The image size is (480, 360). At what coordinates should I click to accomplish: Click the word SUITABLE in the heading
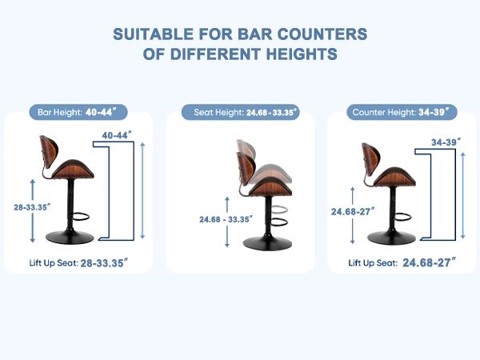(154, 34)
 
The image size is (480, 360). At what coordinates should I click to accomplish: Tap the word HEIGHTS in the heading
(302, 54)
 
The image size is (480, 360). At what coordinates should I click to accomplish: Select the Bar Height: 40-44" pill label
(78, 112)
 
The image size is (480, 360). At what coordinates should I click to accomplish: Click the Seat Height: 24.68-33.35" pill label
(241, 112)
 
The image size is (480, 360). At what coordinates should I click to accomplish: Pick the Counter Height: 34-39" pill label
(402, 112)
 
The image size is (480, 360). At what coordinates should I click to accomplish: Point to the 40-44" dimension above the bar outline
(117, 135)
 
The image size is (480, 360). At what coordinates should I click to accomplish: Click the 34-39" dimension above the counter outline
(446, 142)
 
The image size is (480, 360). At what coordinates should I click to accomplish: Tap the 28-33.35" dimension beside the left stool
(32, 207)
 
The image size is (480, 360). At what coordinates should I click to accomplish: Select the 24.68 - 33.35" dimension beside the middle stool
(226, 219)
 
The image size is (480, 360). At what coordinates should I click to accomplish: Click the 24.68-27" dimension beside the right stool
(353, 211)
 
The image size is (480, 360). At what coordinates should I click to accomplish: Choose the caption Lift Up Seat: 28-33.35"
(78, 263)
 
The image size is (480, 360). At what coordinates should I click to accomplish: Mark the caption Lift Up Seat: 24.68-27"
(402, 262)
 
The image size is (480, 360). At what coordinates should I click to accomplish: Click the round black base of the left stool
(70, 238)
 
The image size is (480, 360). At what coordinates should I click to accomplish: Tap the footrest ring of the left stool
(82, 217)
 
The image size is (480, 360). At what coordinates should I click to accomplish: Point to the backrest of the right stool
(371, 158)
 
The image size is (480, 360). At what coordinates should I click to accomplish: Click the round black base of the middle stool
(267, 243)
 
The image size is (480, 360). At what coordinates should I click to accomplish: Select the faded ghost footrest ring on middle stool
(279, 210)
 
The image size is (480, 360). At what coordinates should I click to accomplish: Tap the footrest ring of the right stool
(403, 217)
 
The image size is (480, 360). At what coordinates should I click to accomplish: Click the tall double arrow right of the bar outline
(142, 190)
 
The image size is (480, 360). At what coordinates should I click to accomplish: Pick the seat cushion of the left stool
(73, 170)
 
